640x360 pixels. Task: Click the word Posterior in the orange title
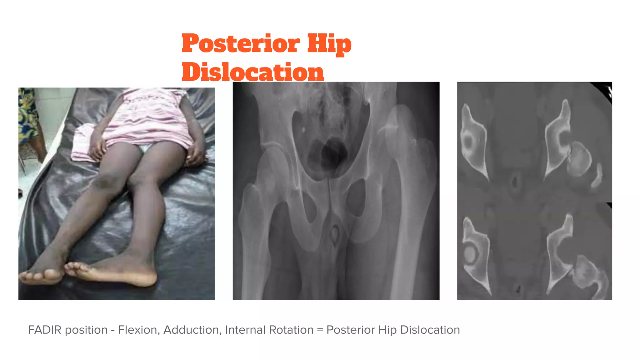point(241,44)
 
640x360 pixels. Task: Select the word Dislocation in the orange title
point(252,72)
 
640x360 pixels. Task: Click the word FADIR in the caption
point(45,330)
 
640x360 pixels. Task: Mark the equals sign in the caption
point(320,330)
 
